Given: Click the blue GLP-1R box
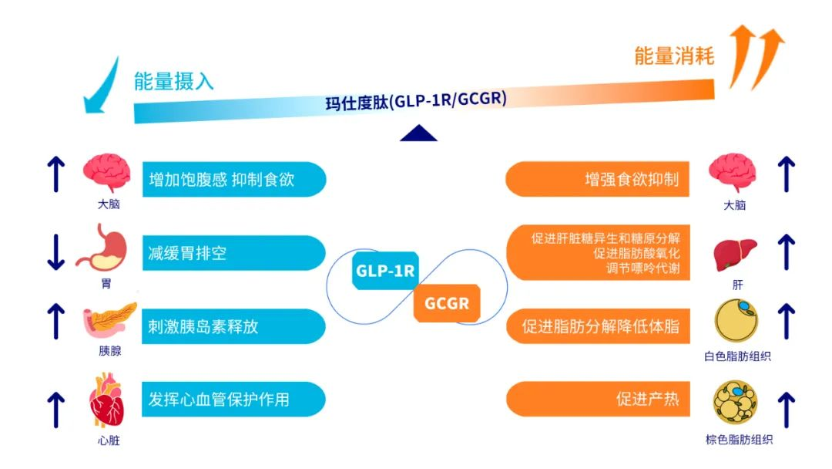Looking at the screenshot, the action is (x=385, y=271).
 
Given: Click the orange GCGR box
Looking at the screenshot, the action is (x=447, y=303).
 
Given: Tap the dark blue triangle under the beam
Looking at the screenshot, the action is (x=418, y=133).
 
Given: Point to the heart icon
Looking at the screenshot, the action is (x=106, y=400).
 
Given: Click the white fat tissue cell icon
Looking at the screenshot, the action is (x=736, y=320).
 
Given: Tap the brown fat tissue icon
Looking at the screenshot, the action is (x=736, y=402).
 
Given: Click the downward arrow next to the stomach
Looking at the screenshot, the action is (x=55, y=252).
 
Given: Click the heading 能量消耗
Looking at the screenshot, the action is (x=674, y=56).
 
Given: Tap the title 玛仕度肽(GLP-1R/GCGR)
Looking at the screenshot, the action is (x=416, y=100).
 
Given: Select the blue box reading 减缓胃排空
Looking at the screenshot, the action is (x=234, y=253).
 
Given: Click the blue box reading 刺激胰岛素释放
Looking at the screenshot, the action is (x=234, y=326).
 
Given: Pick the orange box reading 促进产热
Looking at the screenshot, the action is (x=598, y=399).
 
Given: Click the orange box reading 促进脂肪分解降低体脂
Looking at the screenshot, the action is (x=598, y=326).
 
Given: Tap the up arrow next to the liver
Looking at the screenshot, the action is (x=787, y=252).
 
